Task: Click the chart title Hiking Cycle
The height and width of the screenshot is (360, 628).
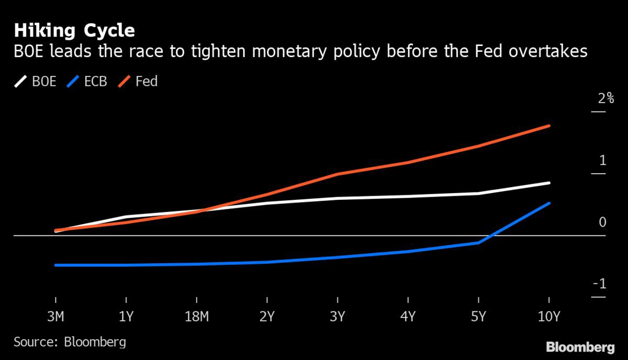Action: tap(74, 30)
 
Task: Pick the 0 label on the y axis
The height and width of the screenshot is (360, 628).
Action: tap(602, 222)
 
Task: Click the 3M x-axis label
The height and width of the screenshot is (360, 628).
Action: tap(56, 317)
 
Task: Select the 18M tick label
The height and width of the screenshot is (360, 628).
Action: tap(196, 317)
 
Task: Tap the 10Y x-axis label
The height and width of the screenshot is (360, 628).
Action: tap(548, 317)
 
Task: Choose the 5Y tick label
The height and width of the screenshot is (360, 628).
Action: tap(478, 317)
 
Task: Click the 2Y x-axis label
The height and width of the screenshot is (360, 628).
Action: tap(267, 317)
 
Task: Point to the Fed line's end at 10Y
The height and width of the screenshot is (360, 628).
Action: tap(549, 126)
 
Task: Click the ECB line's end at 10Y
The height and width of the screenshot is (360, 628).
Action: tap(549, 203)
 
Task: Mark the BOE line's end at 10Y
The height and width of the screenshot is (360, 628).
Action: tap(549, 183)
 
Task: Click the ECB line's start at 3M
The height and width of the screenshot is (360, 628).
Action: tap(56, 265)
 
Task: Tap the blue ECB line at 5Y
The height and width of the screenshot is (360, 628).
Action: tap(478, 243)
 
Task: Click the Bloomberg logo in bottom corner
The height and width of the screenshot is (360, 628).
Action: tap(580, 347)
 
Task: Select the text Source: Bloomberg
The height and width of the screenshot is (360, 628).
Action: tap(70, 342)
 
